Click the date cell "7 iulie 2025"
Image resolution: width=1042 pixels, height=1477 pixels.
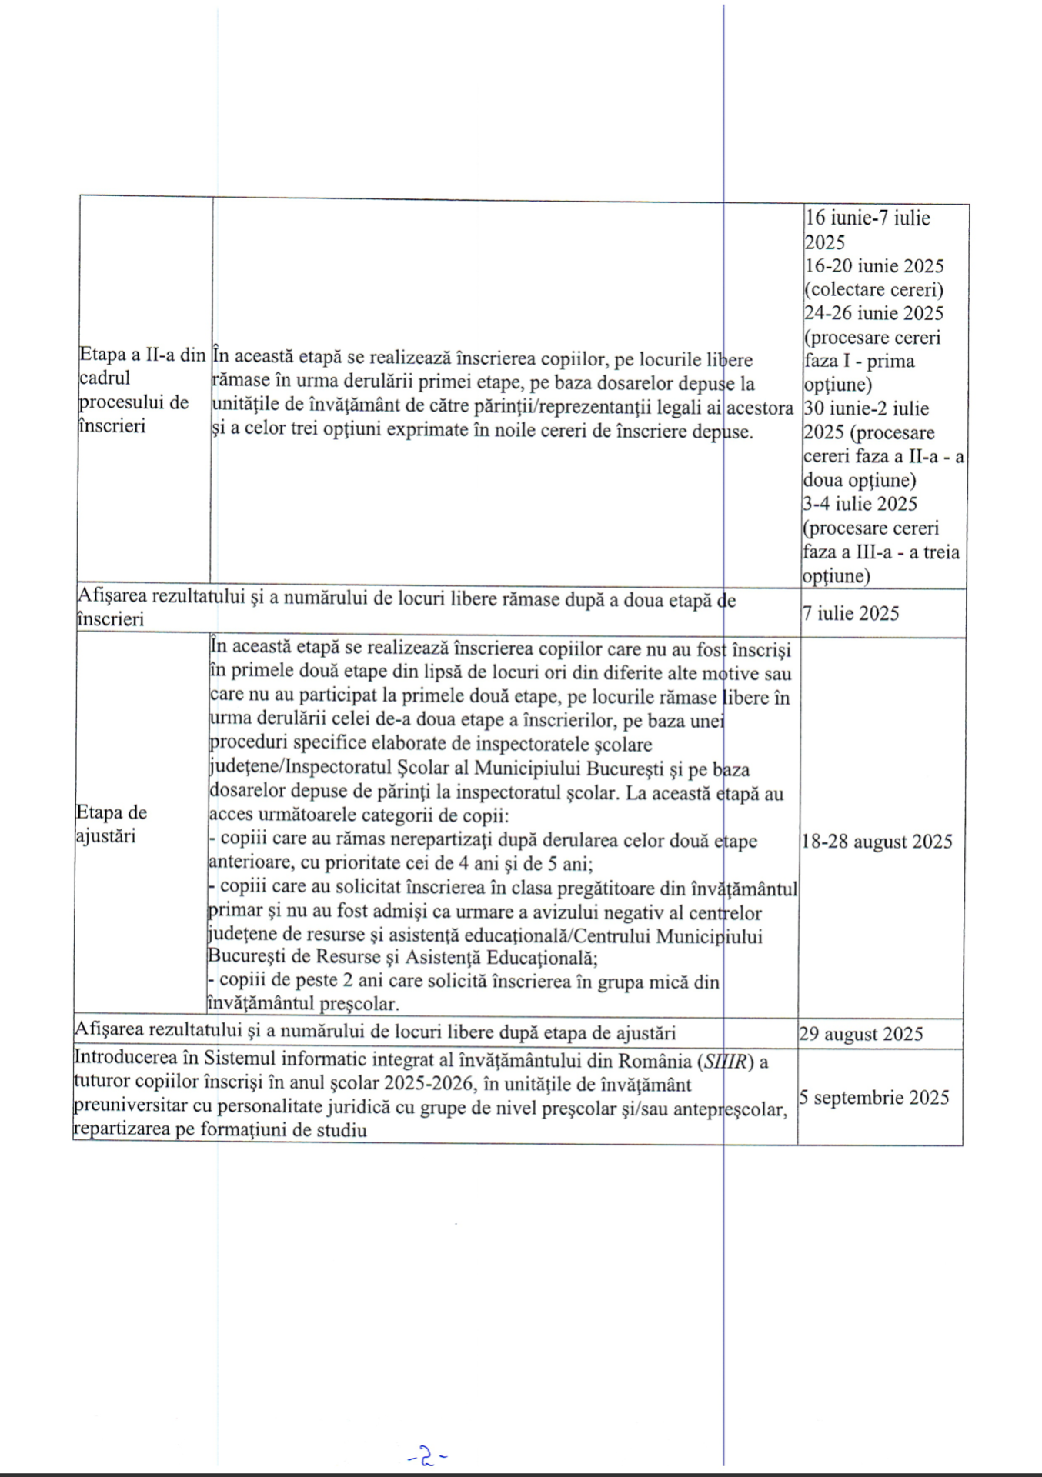850,613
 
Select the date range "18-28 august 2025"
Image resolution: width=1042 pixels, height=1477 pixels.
877,841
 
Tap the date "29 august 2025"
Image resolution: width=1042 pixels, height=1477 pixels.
860,1033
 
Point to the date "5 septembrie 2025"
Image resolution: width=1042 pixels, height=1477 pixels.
873,1097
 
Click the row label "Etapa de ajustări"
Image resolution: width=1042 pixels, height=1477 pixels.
112,824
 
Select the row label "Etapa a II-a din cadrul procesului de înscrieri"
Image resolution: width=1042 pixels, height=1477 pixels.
142,390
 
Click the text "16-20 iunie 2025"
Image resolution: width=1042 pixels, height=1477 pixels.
874,266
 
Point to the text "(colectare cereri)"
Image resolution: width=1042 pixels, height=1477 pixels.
873,290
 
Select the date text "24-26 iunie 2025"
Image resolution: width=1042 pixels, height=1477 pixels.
874,313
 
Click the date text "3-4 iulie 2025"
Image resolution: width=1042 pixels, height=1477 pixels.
860,504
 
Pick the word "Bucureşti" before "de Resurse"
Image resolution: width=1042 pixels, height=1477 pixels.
245,957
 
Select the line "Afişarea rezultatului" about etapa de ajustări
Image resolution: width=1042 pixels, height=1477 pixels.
375,1032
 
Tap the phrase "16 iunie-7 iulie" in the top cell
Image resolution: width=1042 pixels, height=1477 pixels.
867,218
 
